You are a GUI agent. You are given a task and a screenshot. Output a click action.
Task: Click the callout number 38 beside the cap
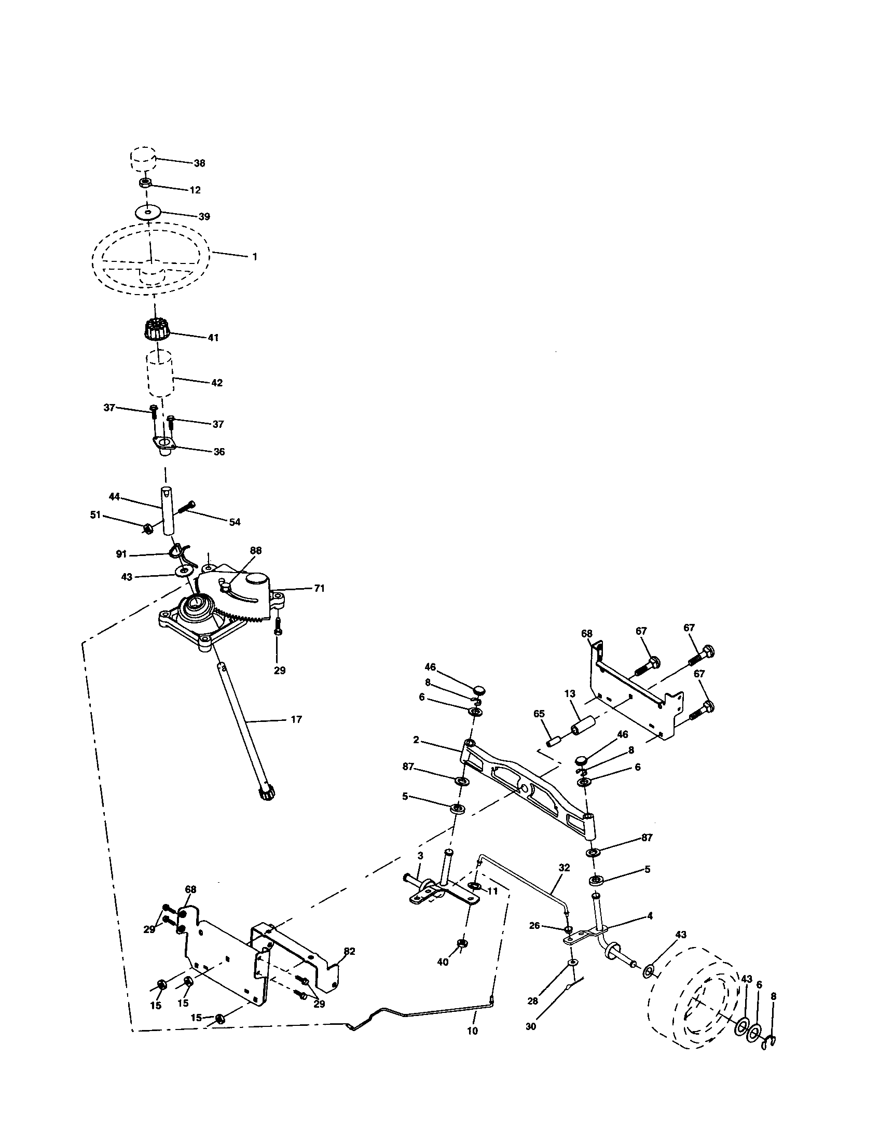pos(199,163)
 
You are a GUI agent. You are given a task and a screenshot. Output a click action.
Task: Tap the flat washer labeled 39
pos(149,213)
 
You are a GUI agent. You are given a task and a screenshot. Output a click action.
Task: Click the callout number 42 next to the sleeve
pos(217,383)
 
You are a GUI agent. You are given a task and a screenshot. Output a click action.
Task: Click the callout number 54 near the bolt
pos(235,522)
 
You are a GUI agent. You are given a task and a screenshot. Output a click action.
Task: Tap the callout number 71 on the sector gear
pos(319,588)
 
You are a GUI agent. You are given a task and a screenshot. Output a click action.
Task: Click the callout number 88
pos(255,550)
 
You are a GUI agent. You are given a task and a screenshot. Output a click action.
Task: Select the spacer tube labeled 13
pos(584,726)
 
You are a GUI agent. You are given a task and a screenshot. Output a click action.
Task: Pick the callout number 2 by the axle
pos(416,740)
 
